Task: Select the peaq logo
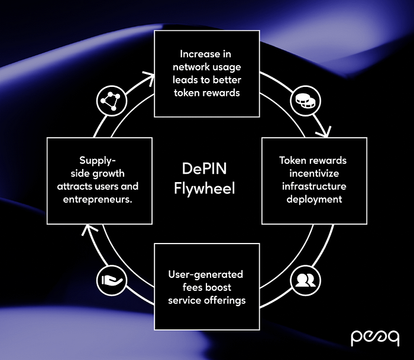[374, 337]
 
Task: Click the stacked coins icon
[302, 102]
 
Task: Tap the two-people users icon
[306, 278]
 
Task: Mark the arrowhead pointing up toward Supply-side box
[87, 229]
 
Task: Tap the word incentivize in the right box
[313, 173]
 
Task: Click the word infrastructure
[313, 186]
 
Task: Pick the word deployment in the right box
[313, 199]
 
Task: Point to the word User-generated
[206, 275]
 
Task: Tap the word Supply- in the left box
[99, 160]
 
